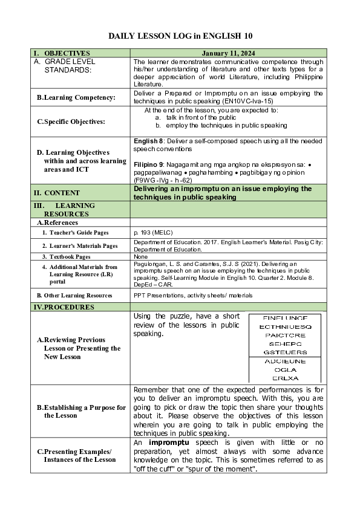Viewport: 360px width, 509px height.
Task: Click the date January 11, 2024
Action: point(228,53)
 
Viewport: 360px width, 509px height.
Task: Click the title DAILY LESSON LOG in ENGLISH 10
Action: point(180,36)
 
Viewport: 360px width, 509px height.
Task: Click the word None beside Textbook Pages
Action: point(140,256)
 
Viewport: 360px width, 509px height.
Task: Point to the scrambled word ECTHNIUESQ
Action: point(285,326)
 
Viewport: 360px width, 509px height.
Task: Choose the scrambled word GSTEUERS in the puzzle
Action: point(285,352)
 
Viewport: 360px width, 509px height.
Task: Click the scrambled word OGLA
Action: point(285,369)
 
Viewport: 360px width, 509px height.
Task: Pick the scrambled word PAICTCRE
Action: point(285,335)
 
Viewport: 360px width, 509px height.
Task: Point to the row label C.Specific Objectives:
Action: point(71,122)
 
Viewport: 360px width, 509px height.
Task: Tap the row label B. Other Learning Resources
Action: point(74,296)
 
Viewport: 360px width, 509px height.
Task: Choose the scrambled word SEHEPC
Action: point(285,343)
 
